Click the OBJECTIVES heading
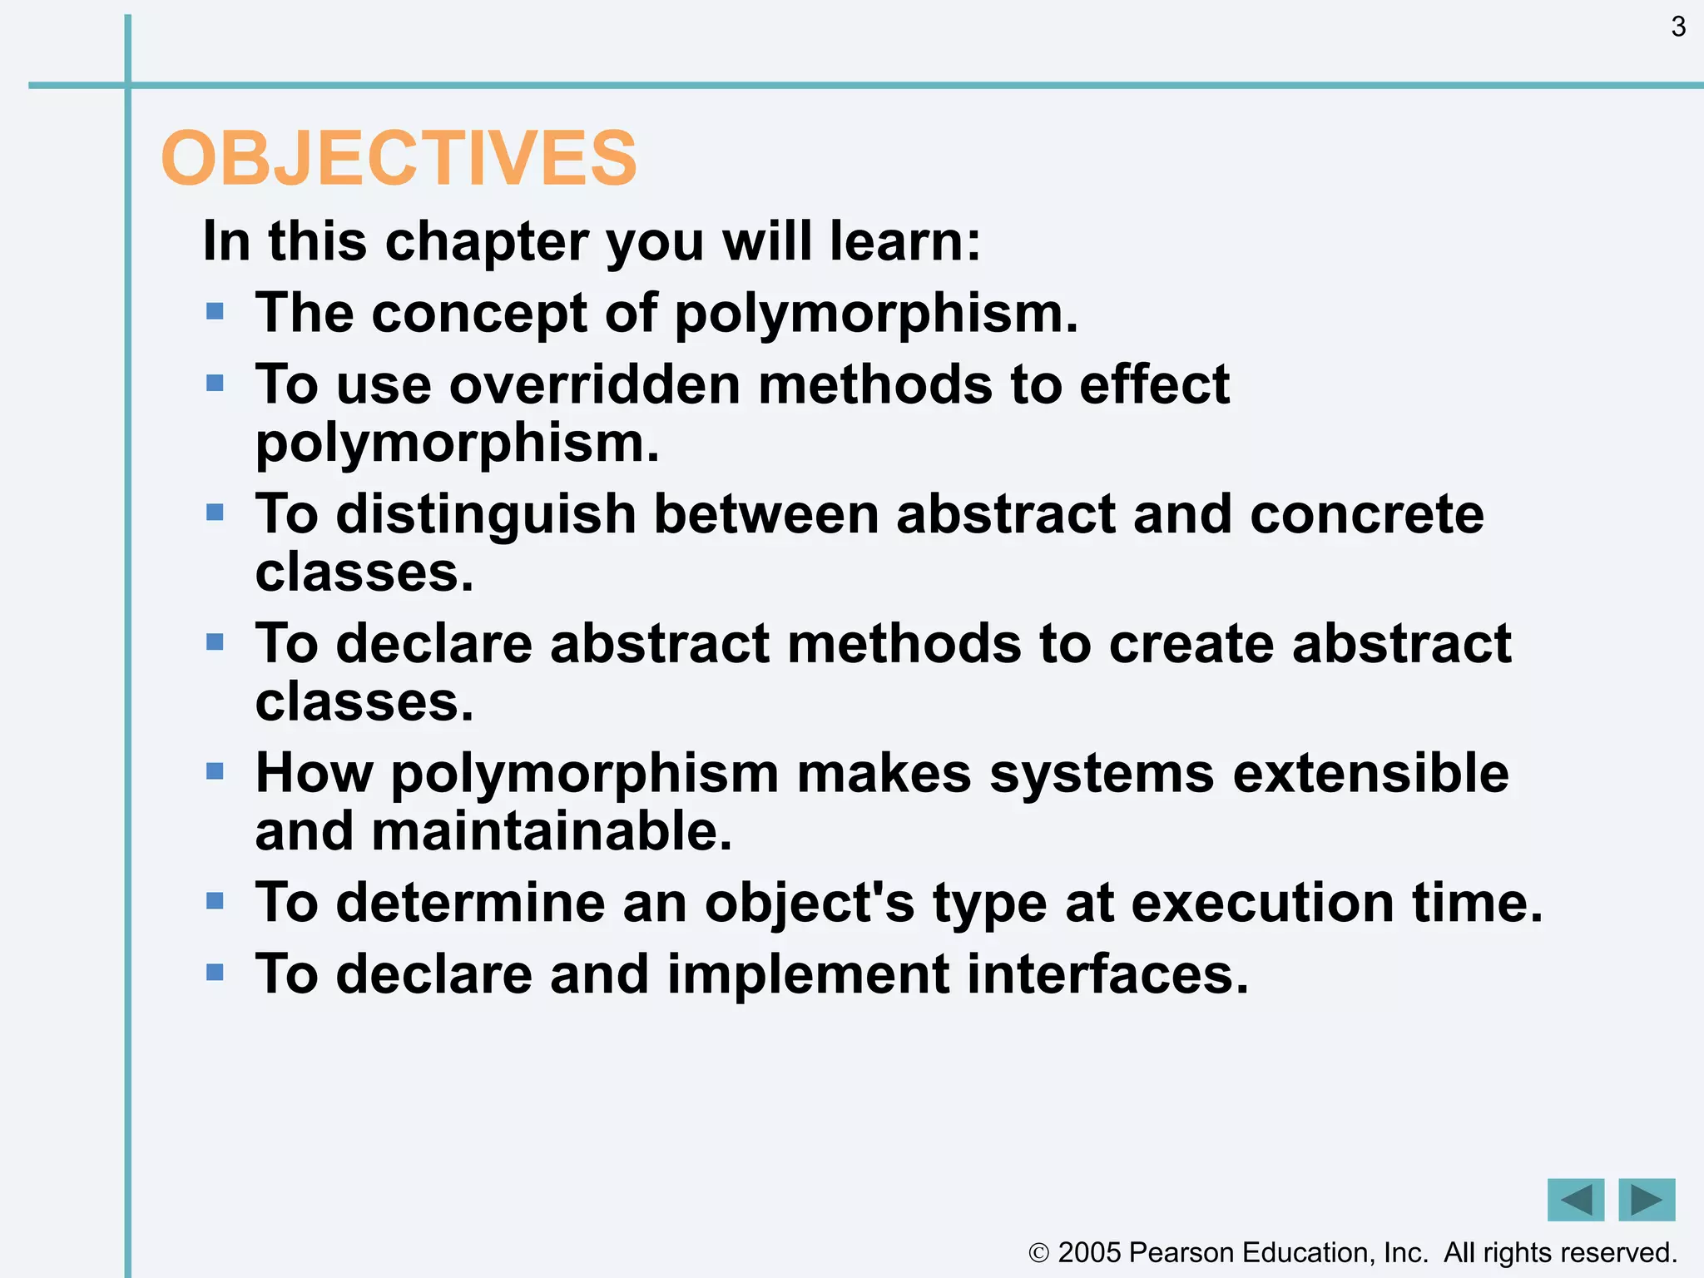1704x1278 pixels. pyautogui.click(x=399, y=158)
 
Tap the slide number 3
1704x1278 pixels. pyautogui.click(x=1678, y=27)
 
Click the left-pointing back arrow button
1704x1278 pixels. pyautogui.click(x=1575, y=1200)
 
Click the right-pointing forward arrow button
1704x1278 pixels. pyautogui.click(x=1647, y=1200)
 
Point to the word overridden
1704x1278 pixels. pyautogui.click(x=595, y=384)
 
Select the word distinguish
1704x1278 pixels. pyautogui.click(x=486, y=514)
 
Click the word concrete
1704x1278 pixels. pyautogui.click(x=1366, y=514)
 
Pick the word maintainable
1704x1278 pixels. pyautogui.click(x=552, y=831)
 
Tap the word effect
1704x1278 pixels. pyautogui.click(x=1154, y=384)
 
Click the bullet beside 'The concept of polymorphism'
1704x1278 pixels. pyautogui.click(x=215, y=312)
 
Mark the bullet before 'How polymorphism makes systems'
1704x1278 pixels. pyautogui.click(x=215, y=771)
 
